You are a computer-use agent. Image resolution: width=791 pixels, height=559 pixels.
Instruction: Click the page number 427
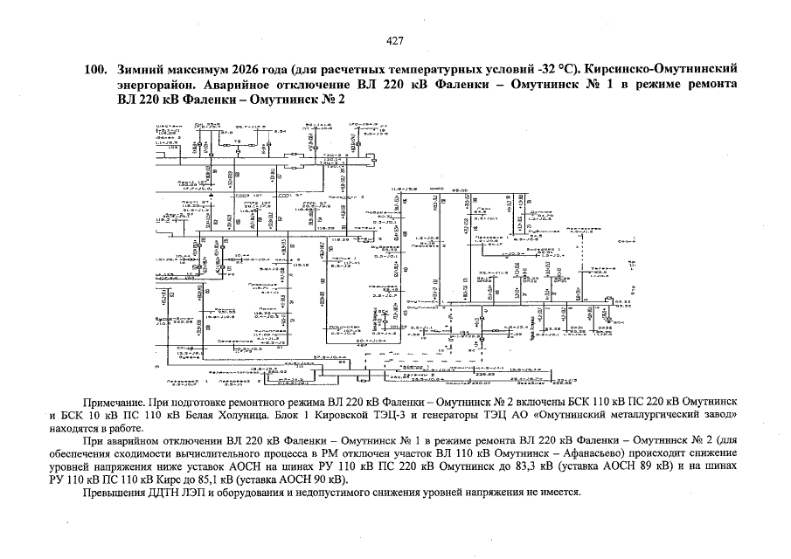395,40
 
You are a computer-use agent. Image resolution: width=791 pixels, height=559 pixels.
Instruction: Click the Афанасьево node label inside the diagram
586,229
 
